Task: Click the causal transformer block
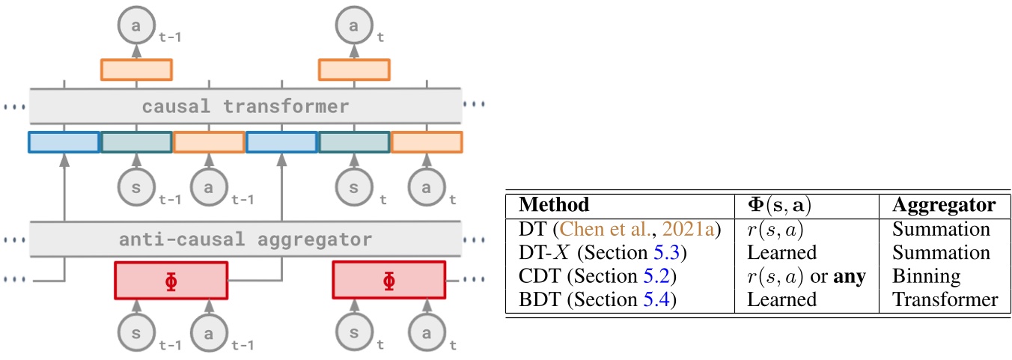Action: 245,106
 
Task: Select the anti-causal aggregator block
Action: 245,240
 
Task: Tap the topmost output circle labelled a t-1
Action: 135,26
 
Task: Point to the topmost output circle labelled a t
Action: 353,26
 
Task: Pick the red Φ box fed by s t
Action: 388,281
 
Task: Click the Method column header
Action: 554,205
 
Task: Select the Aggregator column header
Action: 944,205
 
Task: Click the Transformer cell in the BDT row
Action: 945,300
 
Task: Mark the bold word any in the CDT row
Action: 850,277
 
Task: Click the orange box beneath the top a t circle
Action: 353,70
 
